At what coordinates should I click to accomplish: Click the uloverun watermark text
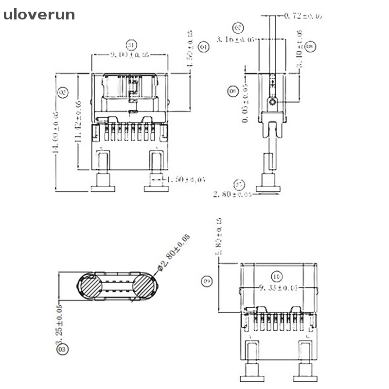click(39, 15)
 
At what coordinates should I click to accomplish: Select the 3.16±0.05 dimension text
click(235, 39)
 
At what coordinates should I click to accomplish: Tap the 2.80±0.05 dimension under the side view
click(232, 195)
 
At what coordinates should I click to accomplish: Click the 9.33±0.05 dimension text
click(279, 288)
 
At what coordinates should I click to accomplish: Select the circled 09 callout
click(207, 281)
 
